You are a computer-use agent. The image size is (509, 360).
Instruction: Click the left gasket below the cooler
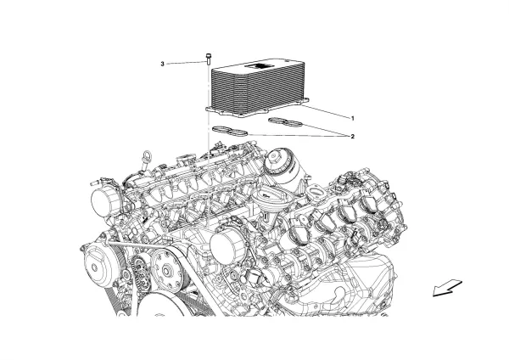coord(229,130)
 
